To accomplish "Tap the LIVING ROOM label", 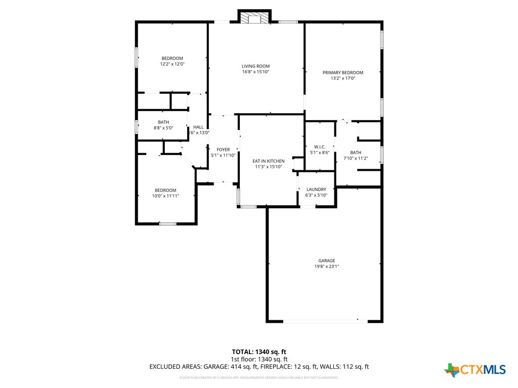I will (255, 66).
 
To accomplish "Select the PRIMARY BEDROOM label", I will (343, 73).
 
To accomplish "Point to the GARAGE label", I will (326, 261).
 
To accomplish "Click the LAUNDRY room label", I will (316, 189).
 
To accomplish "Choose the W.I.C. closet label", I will (319, 147).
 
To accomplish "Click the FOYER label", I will (223, 150).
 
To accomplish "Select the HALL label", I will (198, 127).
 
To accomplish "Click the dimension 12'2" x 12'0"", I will (172, 64).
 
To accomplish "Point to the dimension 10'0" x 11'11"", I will (165, 196).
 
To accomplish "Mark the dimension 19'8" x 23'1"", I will (326, 267).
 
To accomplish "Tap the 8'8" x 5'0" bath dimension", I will (163, 128).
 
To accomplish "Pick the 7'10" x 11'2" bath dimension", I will (356, 158).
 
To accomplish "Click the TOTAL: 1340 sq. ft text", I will (259, 352).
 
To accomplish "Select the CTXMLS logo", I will (475, 370).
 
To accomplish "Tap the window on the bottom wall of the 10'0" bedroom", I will (167, 223).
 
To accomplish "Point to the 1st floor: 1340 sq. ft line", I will (259, 359).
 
